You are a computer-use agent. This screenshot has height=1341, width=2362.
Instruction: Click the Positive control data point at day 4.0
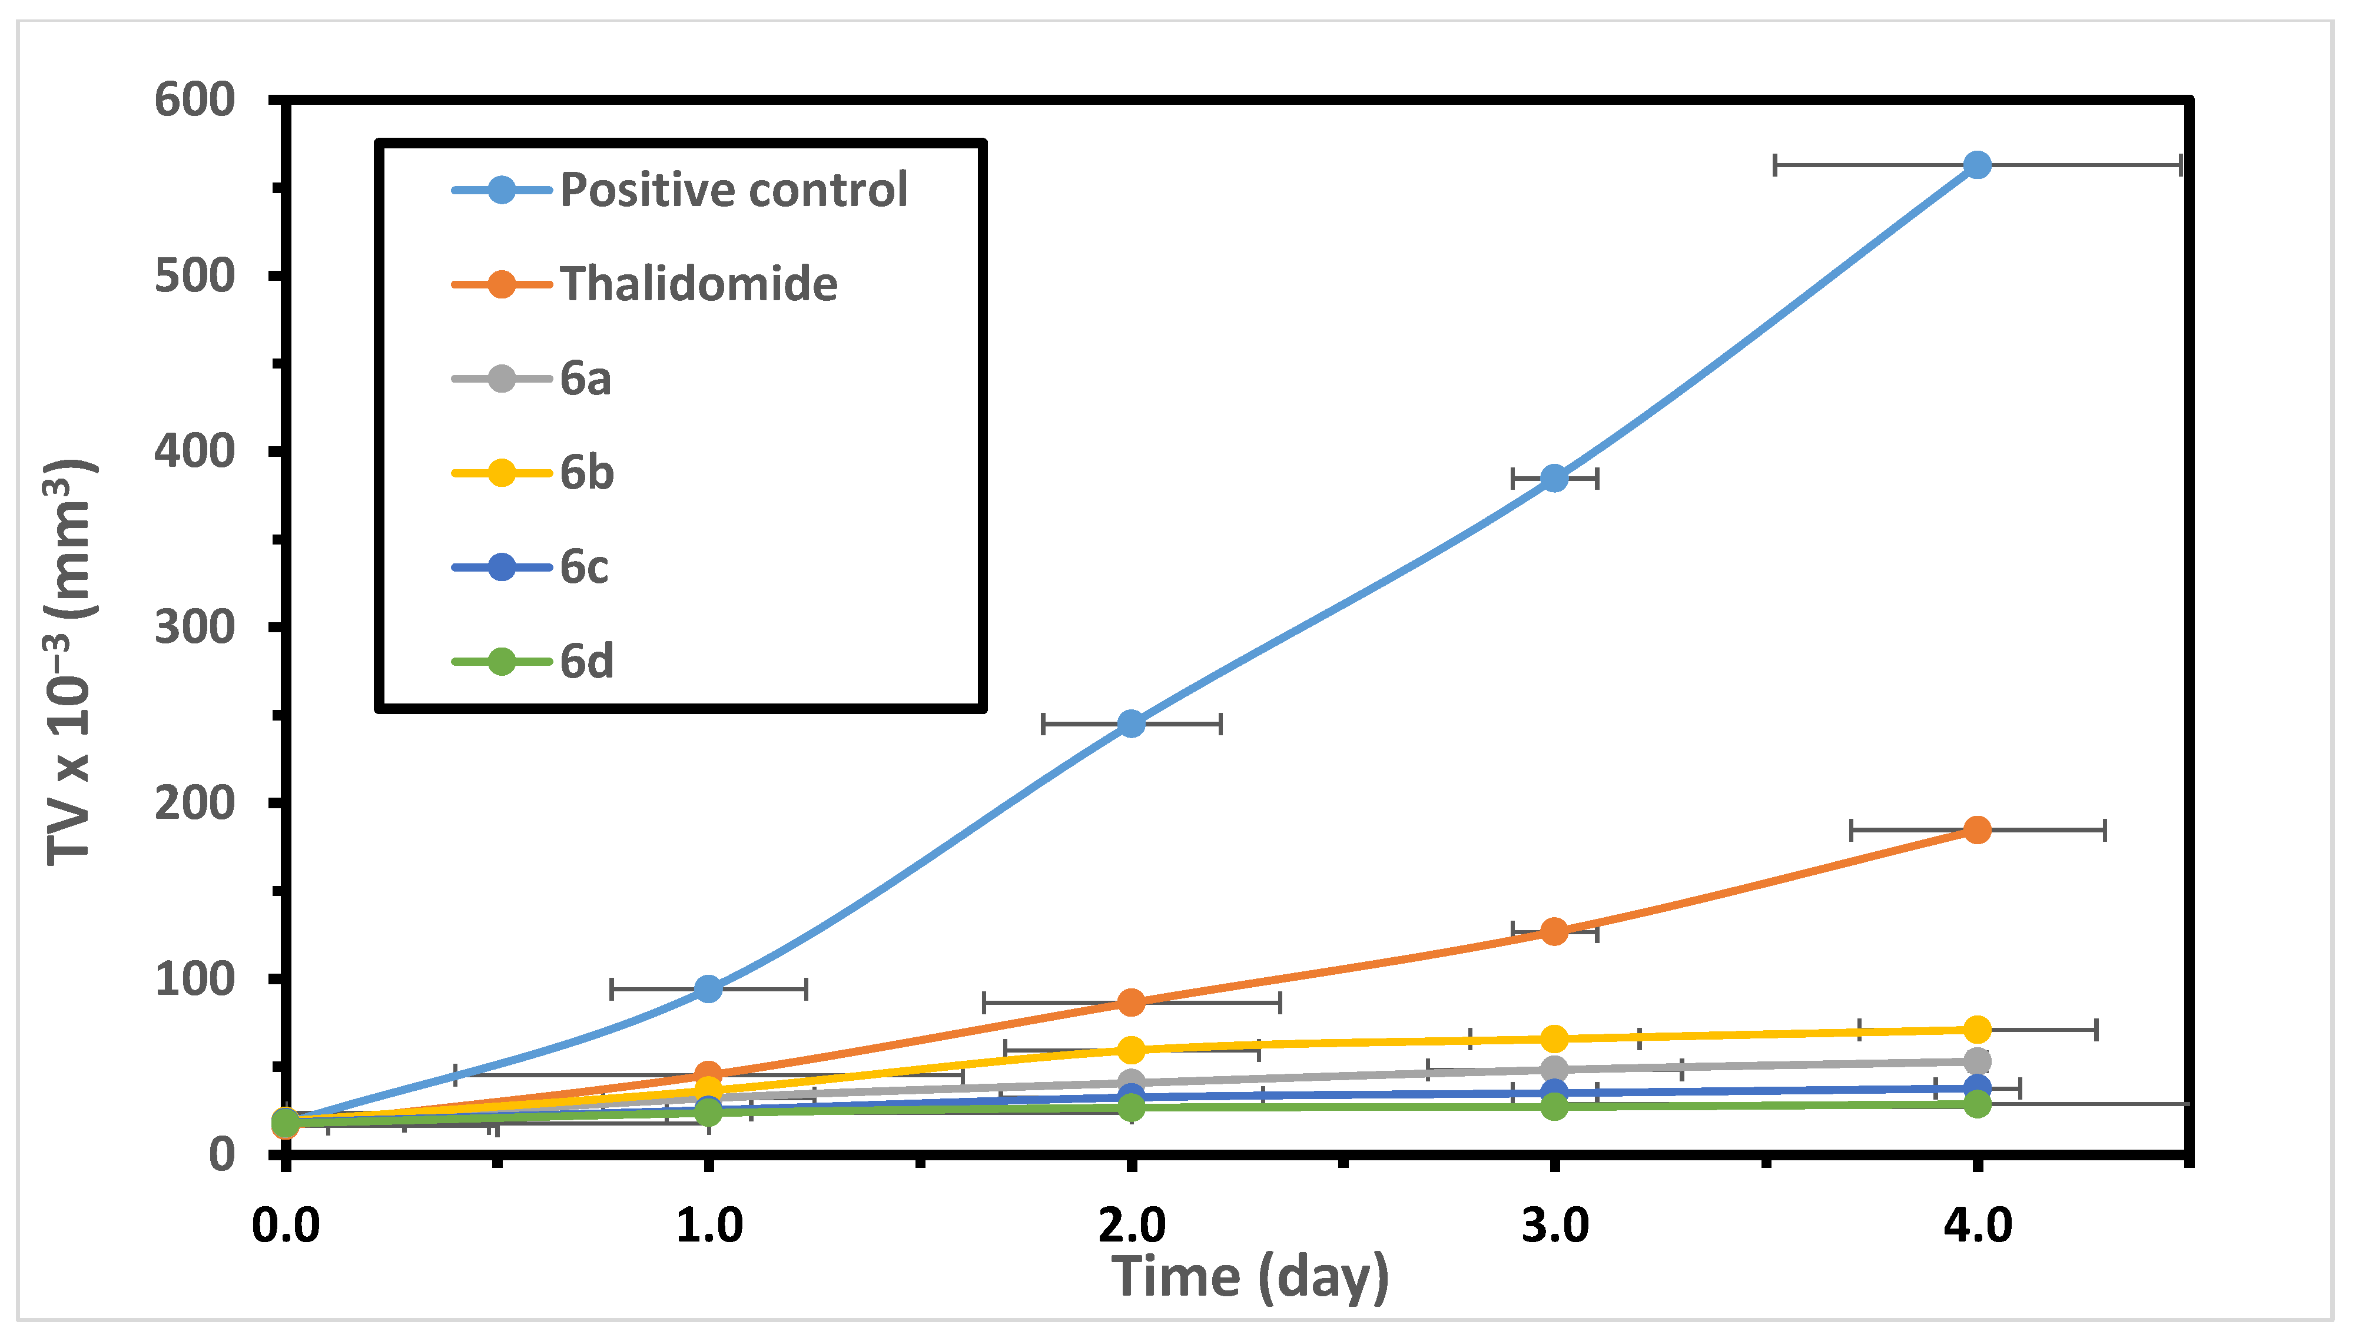point(1976,165)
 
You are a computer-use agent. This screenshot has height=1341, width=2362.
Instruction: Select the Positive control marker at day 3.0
point(1554,478)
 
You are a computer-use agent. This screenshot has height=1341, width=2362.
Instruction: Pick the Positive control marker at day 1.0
point(708,989)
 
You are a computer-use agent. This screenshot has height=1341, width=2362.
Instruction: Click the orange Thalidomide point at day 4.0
point(1976,830)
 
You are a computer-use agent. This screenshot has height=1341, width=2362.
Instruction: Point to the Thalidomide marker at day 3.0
point(1554,931)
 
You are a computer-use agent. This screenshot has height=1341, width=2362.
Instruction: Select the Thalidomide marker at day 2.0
point(1131,1002)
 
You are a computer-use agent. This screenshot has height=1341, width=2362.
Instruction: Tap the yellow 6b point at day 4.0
point(1976,1030)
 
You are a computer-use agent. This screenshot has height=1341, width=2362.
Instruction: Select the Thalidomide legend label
point(698,284)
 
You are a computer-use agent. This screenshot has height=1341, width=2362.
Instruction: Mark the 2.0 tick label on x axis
point(1131,1226)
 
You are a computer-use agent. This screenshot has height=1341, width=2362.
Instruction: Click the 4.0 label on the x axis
point(1976,1226)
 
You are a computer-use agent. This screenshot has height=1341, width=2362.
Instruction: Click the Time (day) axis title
point(1250,1277)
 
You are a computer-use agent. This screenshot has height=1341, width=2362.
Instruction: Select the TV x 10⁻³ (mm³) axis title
point(70,661)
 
